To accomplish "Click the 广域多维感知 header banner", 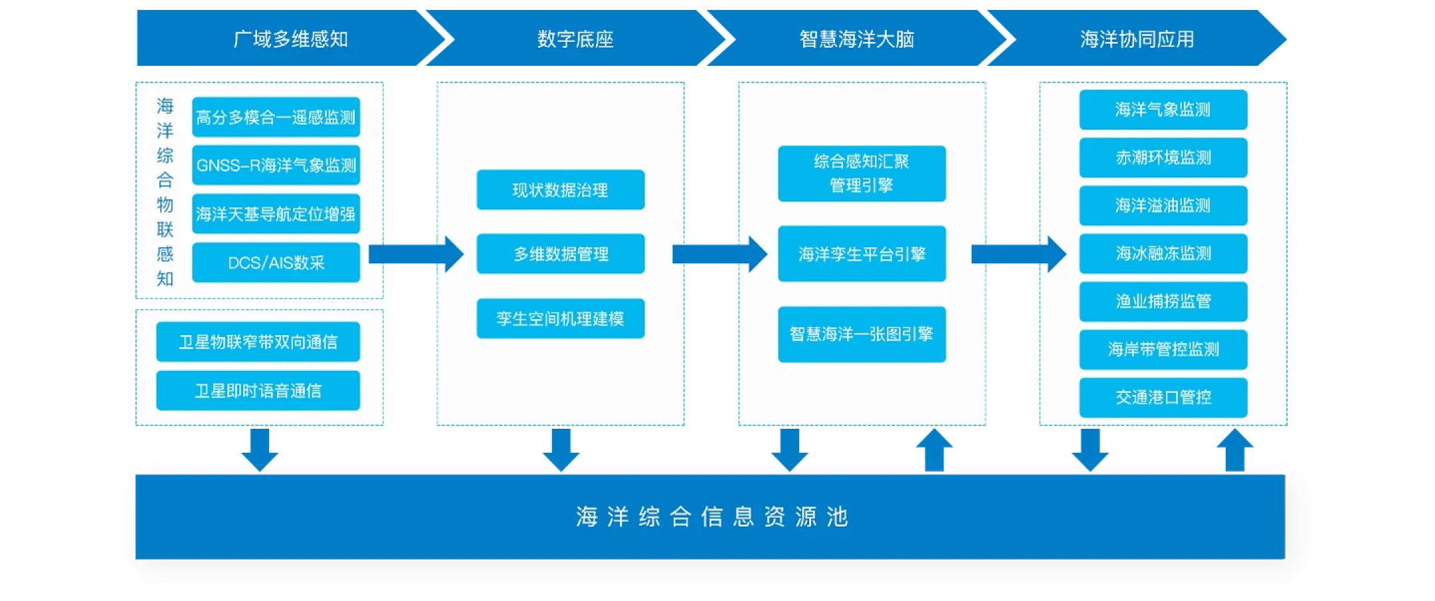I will click(x=290, y=39).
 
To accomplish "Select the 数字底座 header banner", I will click(x=575, y=39).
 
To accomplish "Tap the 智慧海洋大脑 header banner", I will click(x=856, y=39).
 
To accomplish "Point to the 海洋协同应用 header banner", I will click(x=1137, y=39).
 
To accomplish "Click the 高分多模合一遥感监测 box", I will click(x=276, y=117).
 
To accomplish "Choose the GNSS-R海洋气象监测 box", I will click(x=276, y=165).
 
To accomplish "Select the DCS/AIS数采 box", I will click(x=276, y=263).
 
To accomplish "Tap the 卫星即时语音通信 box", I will click(x=258, y=390).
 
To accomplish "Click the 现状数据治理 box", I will click(x=560, y=190).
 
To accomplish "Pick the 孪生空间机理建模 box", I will click(x=560, y=318).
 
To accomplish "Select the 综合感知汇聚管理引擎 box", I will click(x=862, y=173).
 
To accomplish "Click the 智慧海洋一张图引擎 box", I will click(x=862, y=334).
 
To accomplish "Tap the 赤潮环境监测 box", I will click(x=1163, y=158).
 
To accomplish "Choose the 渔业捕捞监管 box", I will click(x=1163, y=301).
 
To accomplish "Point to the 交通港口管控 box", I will click(x=1163, y=397).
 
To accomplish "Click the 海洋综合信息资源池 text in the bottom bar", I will click(x=712, y=517).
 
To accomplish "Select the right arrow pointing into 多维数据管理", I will click(x=417, y=254).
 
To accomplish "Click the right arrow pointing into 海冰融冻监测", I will click(x=1018, y=254).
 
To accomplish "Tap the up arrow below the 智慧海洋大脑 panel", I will click(x=934, y=450).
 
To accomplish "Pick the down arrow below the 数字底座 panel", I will click(x=561, y=450).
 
